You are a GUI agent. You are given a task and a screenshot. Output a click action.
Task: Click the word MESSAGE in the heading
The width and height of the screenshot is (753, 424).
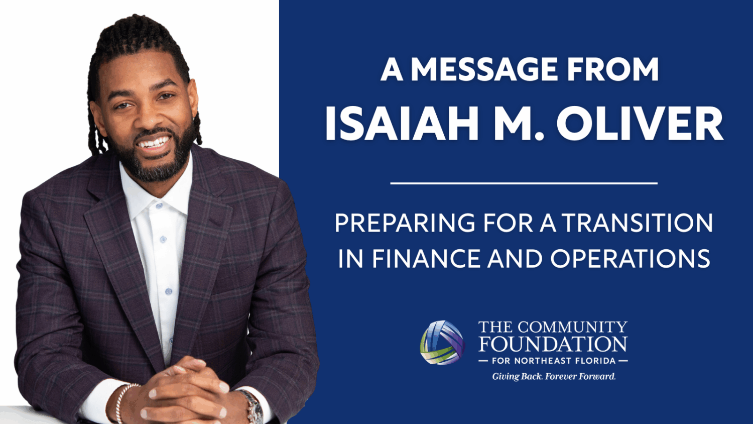[486, 69]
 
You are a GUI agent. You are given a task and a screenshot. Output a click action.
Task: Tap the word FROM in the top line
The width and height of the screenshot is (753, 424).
[613, 69]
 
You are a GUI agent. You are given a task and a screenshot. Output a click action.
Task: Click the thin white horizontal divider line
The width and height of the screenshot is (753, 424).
[524, 183]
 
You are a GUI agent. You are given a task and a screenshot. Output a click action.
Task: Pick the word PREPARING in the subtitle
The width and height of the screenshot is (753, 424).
[405, 223]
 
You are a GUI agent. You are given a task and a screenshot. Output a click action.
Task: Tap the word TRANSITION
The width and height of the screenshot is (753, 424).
[638, 223]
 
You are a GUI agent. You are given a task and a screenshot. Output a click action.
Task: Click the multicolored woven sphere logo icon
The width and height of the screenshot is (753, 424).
[442, 343]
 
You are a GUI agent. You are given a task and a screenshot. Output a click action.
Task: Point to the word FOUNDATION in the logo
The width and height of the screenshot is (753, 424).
[553, 344]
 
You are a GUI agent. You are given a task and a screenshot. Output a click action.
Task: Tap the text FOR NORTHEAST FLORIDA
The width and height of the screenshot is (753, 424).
[553, 361]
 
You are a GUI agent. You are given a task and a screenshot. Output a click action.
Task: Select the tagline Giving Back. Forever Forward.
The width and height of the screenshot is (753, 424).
[554, 376]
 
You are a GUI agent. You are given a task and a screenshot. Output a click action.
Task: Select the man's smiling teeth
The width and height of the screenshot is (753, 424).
[155, 143]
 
